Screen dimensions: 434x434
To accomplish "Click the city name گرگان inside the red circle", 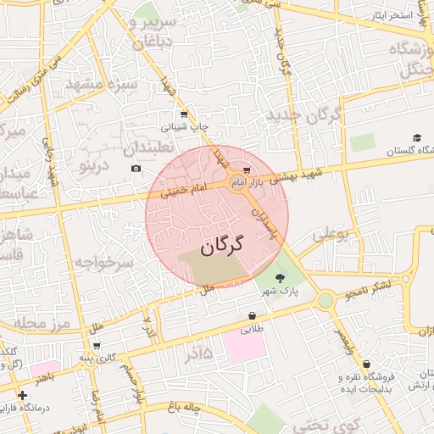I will pos(222,246).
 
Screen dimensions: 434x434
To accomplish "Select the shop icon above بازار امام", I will pos(246,170).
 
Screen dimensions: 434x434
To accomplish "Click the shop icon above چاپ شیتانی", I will pos(184,114).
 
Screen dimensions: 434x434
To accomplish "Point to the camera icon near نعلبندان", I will pos(136,168).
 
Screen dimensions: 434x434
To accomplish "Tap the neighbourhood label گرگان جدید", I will pos(303,115).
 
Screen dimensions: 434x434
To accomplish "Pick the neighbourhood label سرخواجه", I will pos(102,264).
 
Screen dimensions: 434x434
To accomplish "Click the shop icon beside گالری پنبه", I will pos(97,345).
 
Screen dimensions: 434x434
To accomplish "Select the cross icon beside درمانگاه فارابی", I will pos(21,395).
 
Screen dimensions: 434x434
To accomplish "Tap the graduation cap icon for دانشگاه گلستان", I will pos(417,137).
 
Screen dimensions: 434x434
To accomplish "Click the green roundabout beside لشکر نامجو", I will pos(325,300).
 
